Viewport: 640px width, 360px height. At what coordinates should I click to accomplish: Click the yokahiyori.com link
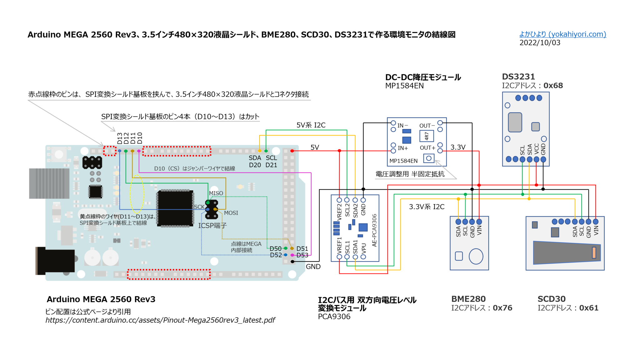coord(562,34)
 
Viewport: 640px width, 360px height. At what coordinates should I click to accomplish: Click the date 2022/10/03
coord(540,43)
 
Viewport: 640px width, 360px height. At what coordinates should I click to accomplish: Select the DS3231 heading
coord(518,77)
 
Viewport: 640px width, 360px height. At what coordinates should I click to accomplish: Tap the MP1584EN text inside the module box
coord(403,161)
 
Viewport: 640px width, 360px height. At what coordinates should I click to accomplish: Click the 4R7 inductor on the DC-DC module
coord(427,136)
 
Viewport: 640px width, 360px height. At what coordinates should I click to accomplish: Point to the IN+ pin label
coord(403,148)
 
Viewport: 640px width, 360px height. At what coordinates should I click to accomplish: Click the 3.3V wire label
coord(458,147)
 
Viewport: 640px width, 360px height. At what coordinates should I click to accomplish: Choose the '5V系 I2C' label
coord(311,125)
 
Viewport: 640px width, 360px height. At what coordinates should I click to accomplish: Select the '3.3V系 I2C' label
coord(427,207)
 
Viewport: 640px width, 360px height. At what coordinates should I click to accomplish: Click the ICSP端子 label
coord(212,226)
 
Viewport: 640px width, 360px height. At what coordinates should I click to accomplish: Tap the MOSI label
coord(231,213)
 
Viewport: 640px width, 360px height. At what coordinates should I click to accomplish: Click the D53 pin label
coord(302,255)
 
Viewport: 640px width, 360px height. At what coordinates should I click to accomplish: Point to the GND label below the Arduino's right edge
coord(313,267)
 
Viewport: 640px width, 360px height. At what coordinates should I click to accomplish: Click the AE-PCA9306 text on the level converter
coord(374,230)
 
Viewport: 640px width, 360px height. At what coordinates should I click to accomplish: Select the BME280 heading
coord(468,299)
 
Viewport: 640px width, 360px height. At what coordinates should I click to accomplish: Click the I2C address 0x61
coord(588,308)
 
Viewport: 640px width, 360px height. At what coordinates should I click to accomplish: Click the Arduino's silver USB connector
coord(49,183)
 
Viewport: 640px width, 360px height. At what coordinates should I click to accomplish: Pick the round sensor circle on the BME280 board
coord(476,256)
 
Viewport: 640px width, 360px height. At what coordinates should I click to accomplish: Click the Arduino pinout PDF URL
coord(160,320)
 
